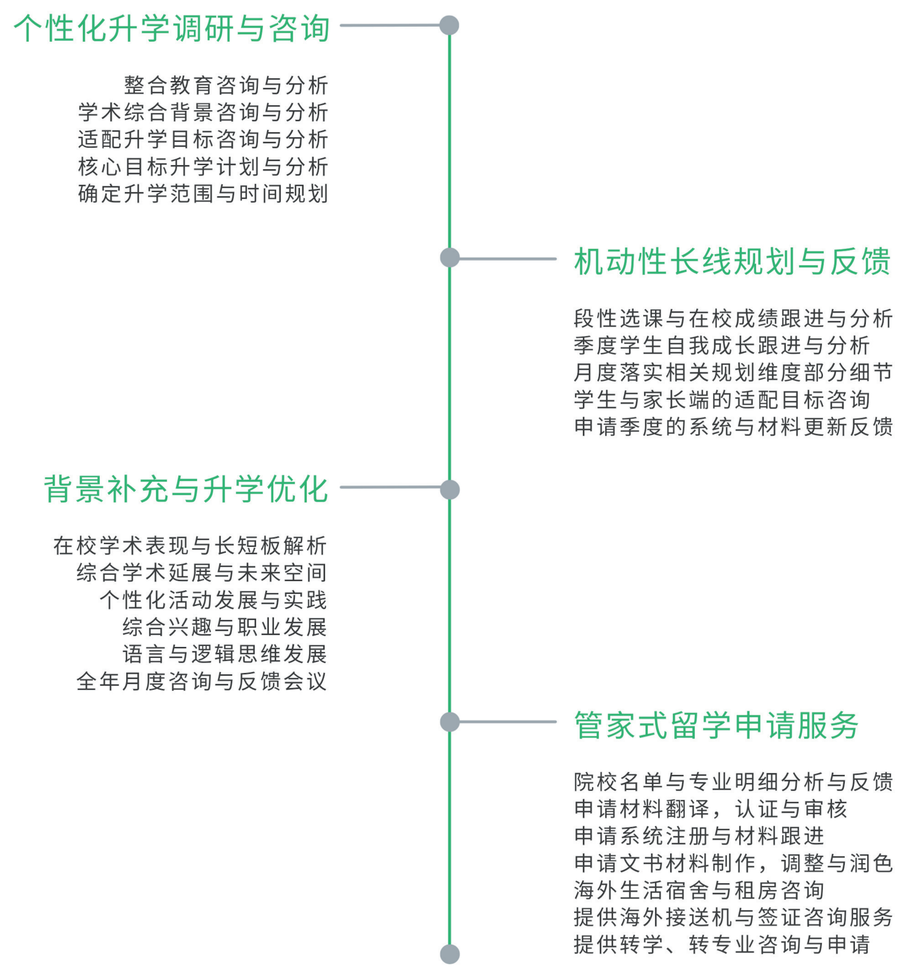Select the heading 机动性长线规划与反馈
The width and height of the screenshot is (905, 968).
(x=732, y=261)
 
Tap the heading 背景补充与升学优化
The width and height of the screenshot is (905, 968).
(x=186, y=489)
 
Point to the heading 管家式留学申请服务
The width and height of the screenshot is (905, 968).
(x=716, y=725)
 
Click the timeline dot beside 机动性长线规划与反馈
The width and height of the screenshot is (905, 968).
(x=449, y=258)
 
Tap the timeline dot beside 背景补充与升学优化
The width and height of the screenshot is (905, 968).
(x=449, y=489)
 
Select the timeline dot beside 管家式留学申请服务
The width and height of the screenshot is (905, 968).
(x=449, y=722)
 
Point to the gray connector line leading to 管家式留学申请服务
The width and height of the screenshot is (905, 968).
(x=507, y=722)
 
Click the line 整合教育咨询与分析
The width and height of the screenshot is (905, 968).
(x=226, y=85)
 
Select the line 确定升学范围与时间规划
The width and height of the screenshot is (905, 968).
(x=203, y=193)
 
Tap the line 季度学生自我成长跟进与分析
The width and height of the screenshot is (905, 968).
(x=721, y=345)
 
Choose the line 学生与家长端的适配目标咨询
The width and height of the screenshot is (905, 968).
(x=721, y=400)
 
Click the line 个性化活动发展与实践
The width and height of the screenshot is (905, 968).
(x=213, y=600)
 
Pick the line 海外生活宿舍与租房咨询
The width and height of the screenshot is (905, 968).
(x=698, y=890)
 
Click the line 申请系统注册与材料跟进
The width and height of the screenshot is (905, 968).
(x=698, y=836)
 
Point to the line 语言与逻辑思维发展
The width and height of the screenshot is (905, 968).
(x=224, y=654)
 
